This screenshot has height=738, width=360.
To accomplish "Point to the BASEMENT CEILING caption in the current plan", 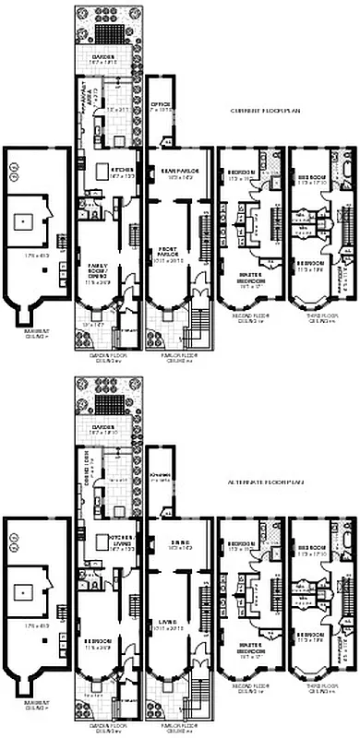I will click(x=25, y=337).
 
